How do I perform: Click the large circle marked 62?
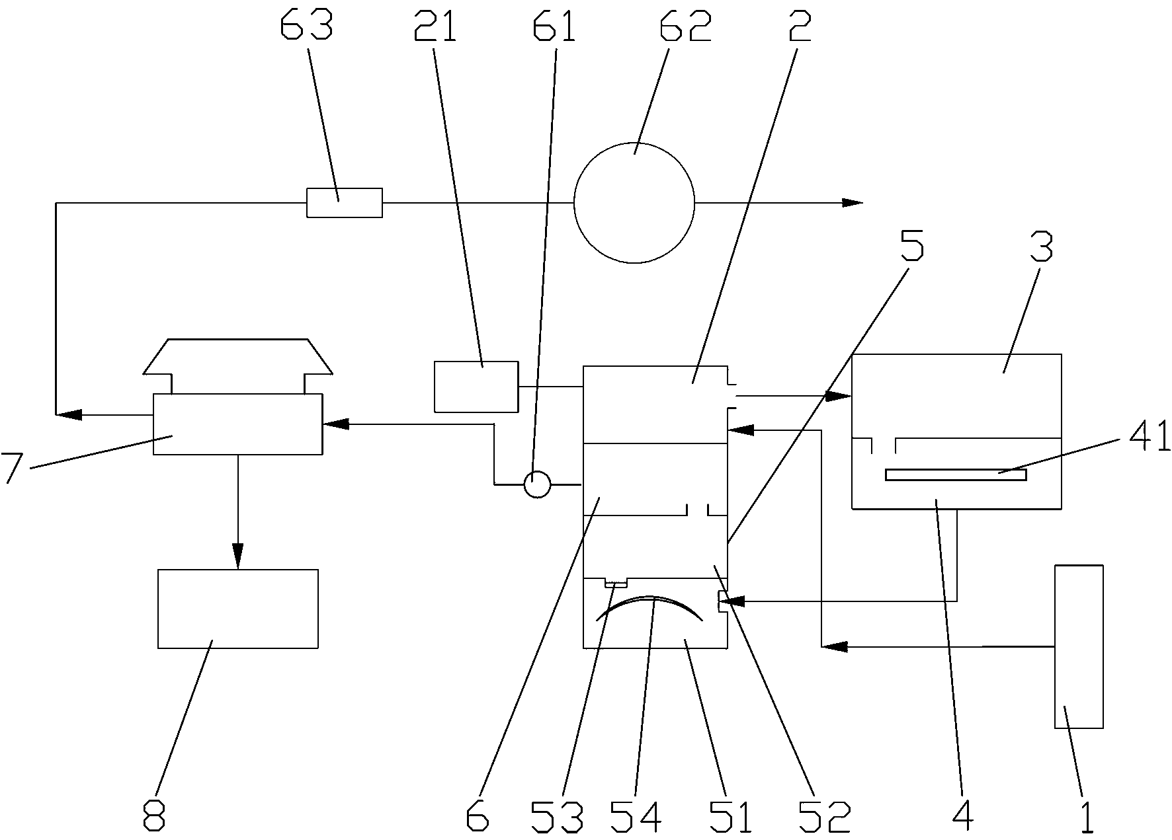point(634,203)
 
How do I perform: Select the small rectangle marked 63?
point(344,202)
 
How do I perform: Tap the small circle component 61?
point(537,484)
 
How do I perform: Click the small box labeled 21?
point(476,387)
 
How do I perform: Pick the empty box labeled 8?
point(238,608)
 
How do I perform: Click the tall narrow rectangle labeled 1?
point(1079,646)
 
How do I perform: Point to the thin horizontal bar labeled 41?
point(955,475)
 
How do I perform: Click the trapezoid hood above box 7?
point(238,357)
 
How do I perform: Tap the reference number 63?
point(307,26)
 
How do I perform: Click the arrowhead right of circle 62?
point(853,202)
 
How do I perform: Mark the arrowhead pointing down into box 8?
point(238,556)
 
